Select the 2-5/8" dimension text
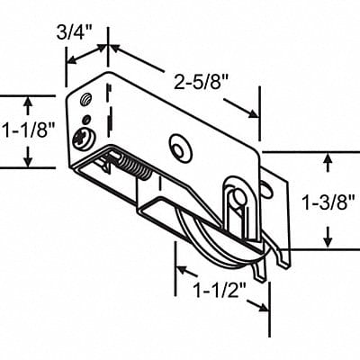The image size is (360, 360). [x=200, y=83]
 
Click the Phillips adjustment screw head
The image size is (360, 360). [x=84, y=138]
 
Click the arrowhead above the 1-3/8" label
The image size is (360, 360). [x=327, y=158]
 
